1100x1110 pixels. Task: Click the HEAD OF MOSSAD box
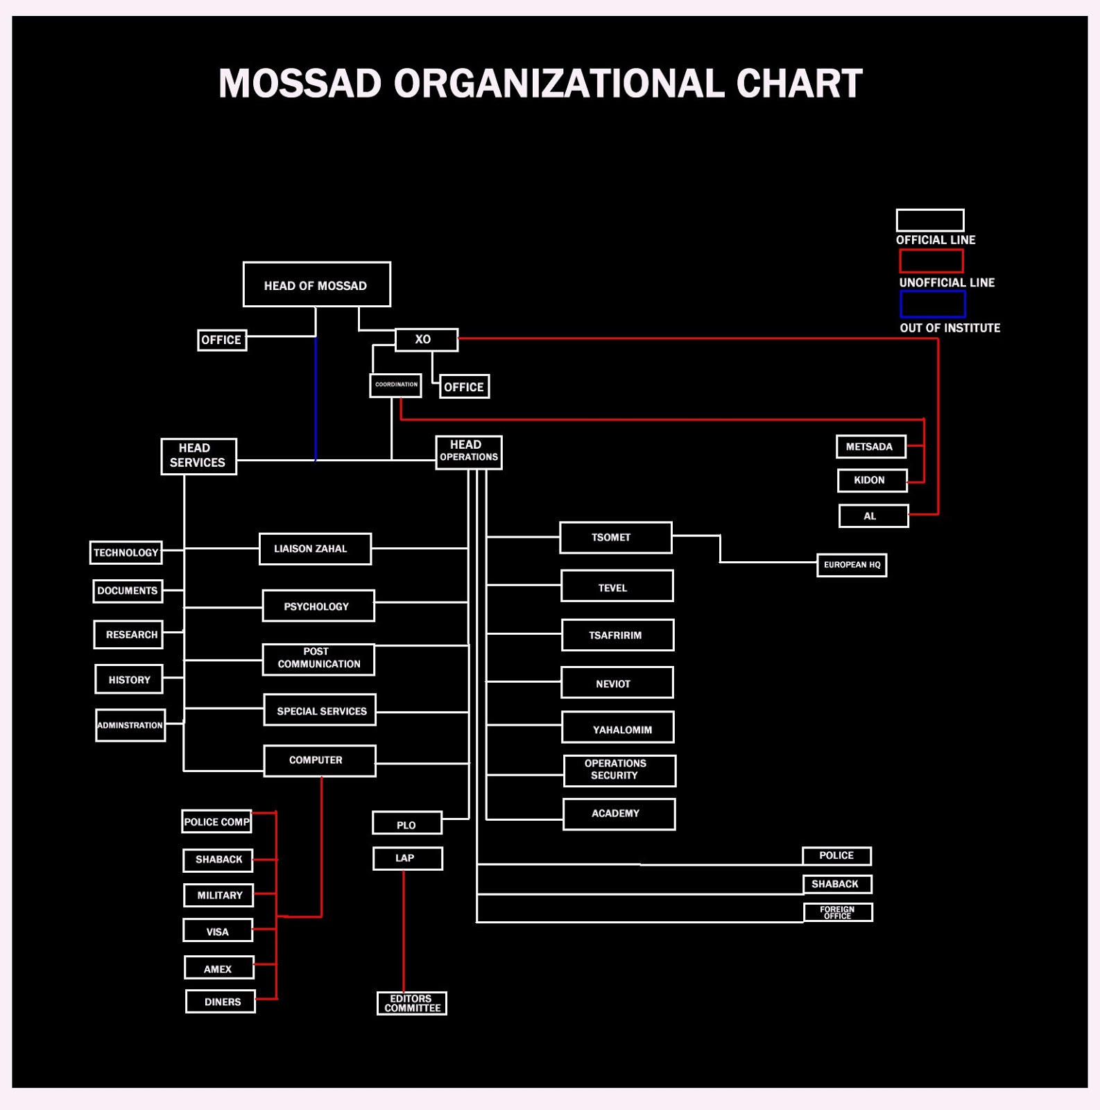(x=316, y=284)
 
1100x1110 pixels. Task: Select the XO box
(x=426, y=340)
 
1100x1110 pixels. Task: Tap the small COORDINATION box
(x=395, y=385)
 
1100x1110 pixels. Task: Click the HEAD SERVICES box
(x=198, y=456)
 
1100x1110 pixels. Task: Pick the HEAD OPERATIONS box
(x=469, y=452)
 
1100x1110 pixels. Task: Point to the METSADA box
(x=870, y=447)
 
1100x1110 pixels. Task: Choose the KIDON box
(x=871, y=480)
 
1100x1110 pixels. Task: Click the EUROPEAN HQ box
(x=851, y=565)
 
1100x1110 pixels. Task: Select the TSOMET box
(x=615, y=538)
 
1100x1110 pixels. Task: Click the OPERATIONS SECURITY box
(x=619, y=770)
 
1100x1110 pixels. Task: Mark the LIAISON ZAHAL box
(x=315, y=549)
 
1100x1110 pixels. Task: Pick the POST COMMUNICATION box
(x=318, y=659)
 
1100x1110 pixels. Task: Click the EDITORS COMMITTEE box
(x=411, y=1003)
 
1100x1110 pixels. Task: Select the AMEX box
(x=218, y=968)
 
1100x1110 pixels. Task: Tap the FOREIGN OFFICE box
(x=837, y=912)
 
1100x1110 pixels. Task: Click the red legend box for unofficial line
(x=931, y=261)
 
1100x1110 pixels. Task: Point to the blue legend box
(x=932, y=304)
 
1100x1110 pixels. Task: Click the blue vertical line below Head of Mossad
(x=316, y=399)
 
